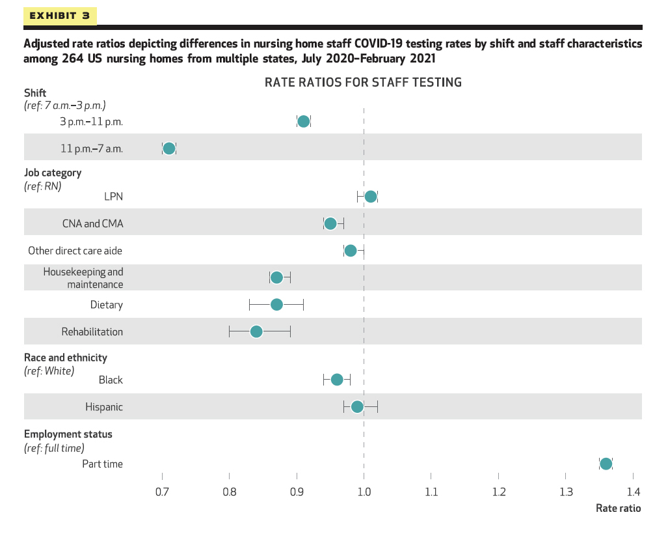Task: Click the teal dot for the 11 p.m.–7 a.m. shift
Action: (x=169, y=148)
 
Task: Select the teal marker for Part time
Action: (x=606, y=464)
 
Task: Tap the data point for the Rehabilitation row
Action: (x=256, y=331)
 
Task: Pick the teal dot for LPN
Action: (x=371, y=197)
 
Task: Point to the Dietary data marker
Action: (x=276, y=304)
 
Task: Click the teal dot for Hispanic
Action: (x=357, y=407)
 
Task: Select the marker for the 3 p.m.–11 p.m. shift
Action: (x=303, y=121)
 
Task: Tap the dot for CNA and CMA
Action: (x=330, y=223)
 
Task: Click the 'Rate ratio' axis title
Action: (x=618, y=509)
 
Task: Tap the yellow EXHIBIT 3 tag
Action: (x=60, y=16)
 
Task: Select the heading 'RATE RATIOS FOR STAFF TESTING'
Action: (x=363, y=83)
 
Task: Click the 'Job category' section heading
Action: (x=53, y=173)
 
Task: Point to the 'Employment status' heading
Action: (x=68, y=434)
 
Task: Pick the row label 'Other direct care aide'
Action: (x=75, y=251)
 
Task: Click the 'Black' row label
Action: (x=111, y=380)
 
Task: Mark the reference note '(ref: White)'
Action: (x=49, y=371)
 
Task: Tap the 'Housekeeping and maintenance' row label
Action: (x=83, y=278)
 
